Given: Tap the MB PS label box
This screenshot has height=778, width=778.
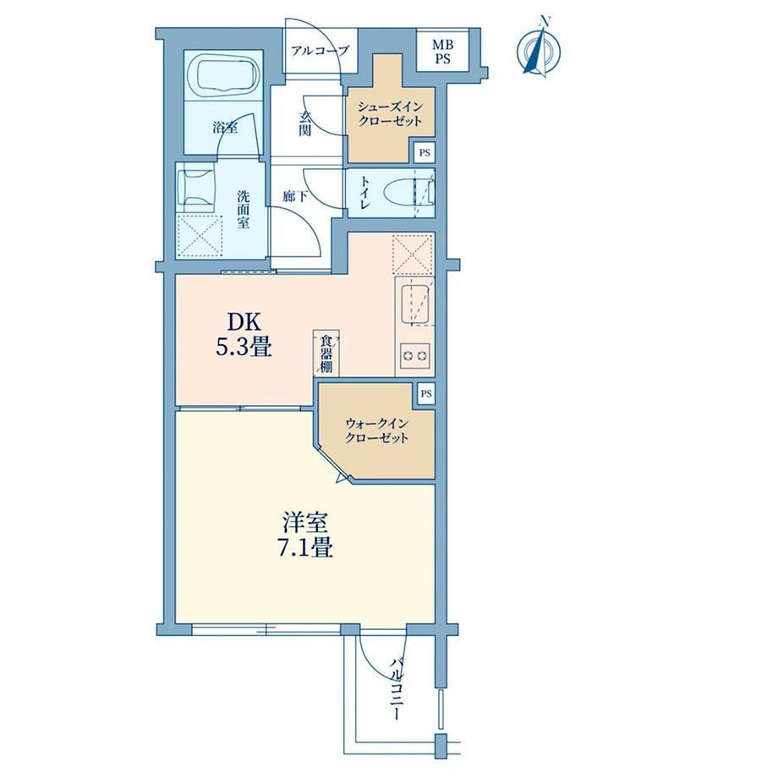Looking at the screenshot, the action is (442, 51).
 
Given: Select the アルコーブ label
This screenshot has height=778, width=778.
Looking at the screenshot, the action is (320, 50).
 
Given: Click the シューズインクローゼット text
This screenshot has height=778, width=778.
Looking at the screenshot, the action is (391, 115).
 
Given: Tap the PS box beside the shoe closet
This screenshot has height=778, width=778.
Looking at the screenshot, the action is (425, 153).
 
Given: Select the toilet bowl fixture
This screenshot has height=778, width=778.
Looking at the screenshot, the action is (410, 193).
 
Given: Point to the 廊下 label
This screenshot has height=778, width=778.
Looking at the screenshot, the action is (295, 198).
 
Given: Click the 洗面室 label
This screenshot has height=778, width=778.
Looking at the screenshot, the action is (243, 210).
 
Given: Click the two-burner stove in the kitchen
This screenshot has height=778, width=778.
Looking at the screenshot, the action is (415, 355).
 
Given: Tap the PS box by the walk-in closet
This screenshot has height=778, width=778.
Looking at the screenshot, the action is (425, 394).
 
